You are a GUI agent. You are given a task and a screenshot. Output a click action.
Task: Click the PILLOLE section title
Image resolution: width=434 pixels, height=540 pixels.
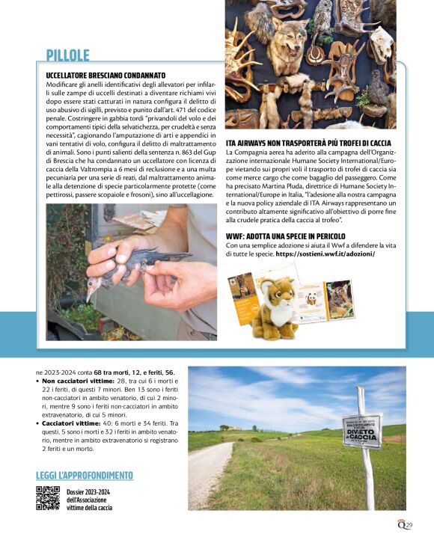(67, 55)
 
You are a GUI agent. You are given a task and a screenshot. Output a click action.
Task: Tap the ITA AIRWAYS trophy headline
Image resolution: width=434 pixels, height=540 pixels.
(308, 142)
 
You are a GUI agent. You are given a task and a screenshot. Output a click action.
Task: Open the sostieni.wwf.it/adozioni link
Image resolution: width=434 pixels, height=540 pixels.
(325, 254)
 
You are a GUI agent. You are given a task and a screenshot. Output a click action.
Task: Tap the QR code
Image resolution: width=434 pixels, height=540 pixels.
(48, 498)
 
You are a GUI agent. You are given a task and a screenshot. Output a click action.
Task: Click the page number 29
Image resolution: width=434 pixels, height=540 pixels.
(409, 525)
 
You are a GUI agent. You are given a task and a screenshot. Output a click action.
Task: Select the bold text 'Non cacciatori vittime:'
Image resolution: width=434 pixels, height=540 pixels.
(78, 381)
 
